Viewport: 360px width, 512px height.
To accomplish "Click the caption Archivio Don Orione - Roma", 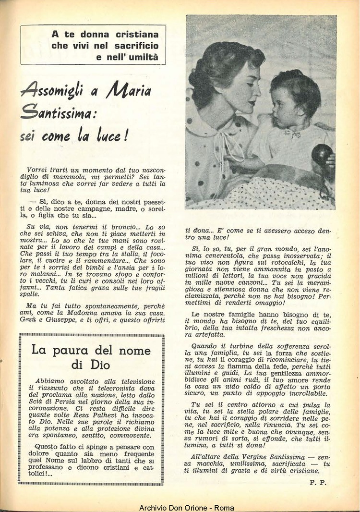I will coord(180,508).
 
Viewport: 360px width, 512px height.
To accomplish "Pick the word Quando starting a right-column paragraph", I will coord(204,345).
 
